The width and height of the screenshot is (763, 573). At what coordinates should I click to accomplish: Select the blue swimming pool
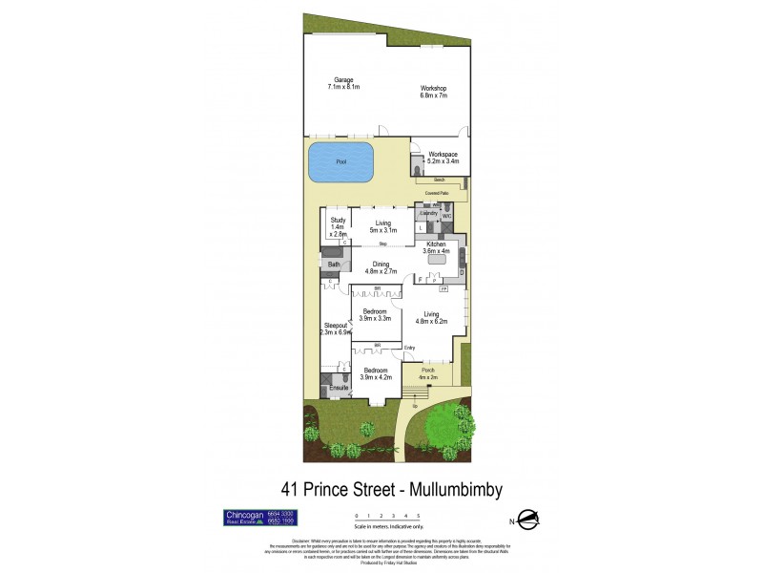[x=340, y=162]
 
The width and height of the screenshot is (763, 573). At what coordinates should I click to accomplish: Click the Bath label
[x=334, y=265]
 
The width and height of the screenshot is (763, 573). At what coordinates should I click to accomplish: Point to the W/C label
[x=446, y=216]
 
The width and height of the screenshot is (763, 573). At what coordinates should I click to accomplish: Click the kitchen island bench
[x=438, y=259]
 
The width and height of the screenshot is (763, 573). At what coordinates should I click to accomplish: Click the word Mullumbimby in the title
[x=448, y=489]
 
